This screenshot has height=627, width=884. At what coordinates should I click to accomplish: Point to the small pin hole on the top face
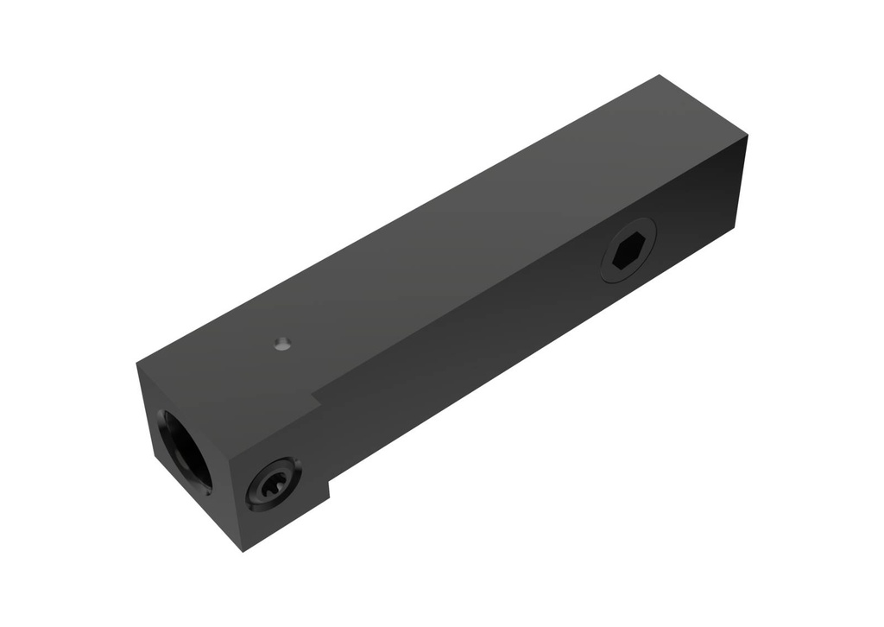(281, 345)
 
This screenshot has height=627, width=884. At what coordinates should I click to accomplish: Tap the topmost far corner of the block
(660, 75)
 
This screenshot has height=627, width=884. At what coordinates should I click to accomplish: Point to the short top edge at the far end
(704, 106)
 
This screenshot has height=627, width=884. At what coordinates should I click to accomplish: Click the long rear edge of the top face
(397, 220)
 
